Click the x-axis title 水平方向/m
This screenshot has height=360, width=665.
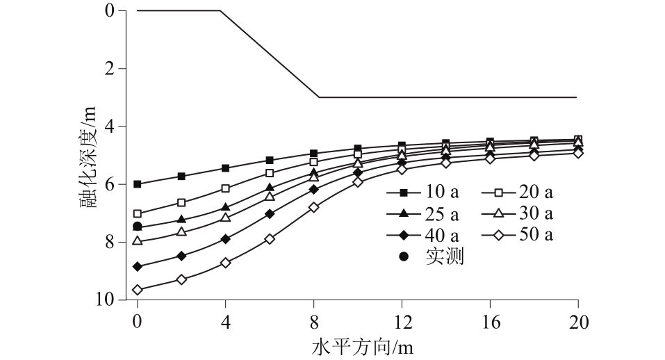357,345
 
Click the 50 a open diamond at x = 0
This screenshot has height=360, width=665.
138,290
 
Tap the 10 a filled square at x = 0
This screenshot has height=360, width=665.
138,184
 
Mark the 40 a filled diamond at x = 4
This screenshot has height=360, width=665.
225,239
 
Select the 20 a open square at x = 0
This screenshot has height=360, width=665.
138,213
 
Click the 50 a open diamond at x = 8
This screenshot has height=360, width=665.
313,207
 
